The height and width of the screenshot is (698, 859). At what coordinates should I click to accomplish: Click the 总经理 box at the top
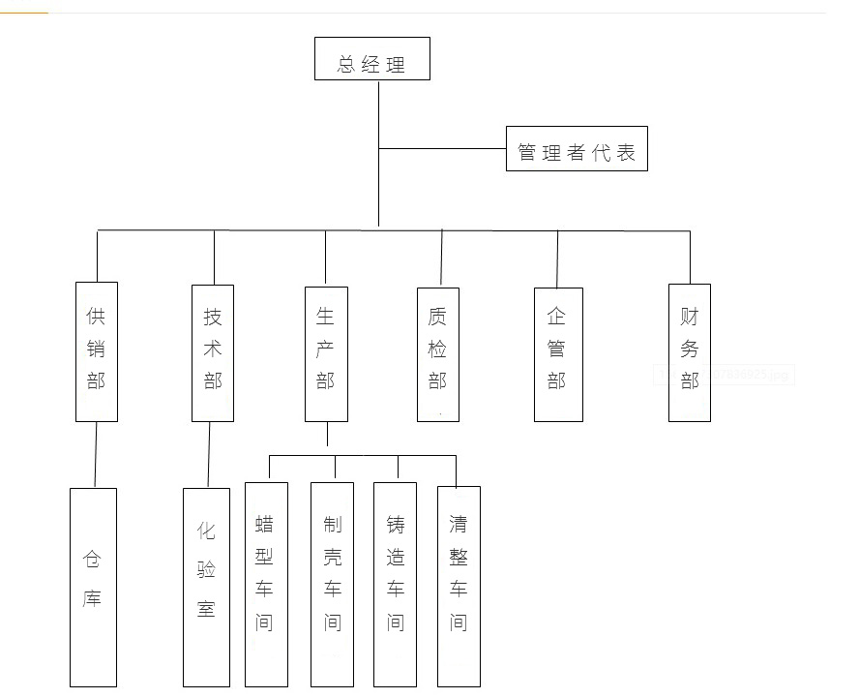click(371, 59)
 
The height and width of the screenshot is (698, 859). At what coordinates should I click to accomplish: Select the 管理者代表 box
click(577, 149)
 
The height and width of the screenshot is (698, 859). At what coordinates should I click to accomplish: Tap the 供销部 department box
click(97, 351)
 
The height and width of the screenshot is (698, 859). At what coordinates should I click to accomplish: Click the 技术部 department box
click(213, 352)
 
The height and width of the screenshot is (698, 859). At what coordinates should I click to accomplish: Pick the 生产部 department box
click(326, 353)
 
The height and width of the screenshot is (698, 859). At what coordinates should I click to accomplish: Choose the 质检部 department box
click(438, 354)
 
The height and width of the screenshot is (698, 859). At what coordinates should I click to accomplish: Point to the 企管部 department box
click(558, 354)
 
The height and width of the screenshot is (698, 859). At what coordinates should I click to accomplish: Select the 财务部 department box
click(690, 352)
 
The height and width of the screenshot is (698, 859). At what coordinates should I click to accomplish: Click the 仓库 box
click(93, 587)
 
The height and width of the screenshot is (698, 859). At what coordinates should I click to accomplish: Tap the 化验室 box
click(206, 587)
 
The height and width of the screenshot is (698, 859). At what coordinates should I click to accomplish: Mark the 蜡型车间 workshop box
click(265, 584)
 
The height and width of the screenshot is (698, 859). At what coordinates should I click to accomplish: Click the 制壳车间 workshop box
click(332, 584)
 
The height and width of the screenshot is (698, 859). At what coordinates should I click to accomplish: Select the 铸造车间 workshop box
click(395, 584)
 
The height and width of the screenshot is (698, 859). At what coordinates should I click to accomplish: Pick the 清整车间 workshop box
click(459, 584)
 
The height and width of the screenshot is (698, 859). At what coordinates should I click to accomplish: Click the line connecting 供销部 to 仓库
click(96, 455)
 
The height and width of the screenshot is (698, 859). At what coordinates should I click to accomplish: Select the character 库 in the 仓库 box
click(92, 598)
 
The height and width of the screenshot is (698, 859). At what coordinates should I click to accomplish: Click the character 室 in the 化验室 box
click(206, 609)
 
